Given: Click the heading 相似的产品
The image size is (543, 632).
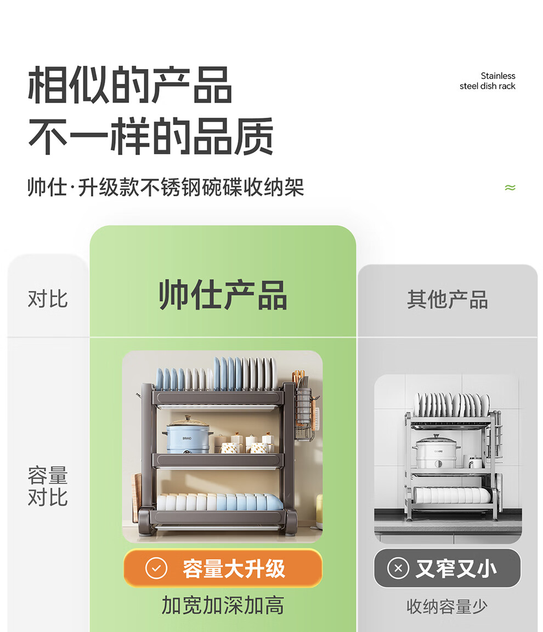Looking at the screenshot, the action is pos(129,86).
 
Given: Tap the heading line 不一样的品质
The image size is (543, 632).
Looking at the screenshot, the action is pos(151,136).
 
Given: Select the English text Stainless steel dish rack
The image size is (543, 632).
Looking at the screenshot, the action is pos(488,81).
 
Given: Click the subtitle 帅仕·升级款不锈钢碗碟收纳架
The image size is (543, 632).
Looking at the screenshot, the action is pos(166,187).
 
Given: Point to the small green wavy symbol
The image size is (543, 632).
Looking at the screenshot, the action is pos(510,188).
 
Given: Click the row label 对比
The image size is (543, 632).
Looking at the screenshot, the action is pos(48,299).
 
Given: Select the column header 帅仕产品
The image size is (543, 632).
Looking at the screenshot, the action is pos(223,295).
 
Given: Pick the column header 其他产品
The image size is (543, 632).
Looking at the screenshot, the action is pos(447,300).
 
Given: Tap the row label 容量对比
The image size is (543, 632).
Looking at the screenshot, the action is pos(48,486).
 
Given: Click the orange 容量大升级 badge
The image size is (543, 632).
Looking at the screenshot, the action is pos(223,568).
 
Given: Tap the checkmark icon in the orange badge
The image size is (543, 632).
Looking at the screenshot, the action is pos(156,568).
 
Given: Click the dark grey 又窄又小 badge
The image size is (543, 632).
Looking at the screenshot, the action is pos(447,568).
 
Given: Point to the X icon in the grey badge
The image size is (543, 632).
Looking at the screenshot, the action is pos(398,568).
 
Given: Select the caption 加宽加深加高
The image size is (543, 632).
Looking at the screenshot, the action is pos(223,605).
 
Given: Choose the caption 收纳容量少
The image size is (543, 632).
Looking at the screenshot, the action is pos(447,606).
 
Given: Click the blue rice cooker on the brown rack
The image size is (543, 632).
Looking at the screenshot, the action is pos(188,435).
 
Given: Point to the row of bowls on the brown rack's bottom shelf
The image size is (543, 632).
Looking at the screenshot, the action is pos(219,502).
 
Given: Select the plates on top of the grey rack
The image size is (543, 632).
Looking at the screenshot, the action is pos(451,405).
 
